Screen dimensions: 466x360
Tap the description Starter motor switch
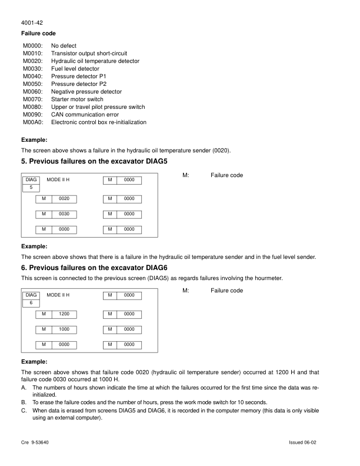(77, 99)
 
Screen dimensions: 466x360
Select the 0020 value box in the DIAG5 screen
(64, 198)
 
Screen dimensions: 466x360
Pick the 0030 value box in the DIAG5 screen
(64, 214)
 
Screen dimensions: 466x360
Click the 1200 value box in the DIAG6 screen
(64, 314)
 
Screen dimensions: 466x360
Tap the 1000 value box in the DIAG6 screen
(64, 329)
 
